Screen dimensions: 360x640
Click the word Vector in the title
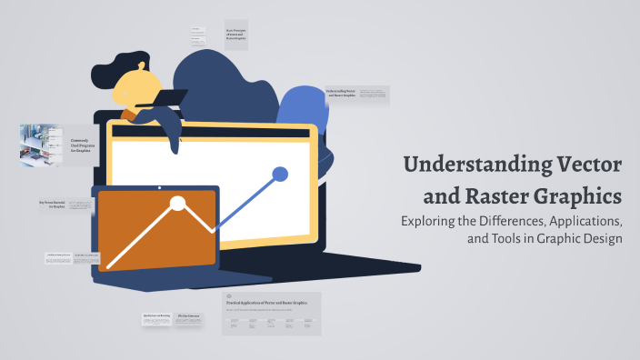click(x=580, y=166)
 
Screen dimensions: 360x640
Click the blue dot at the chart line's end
click(x=280, y=173)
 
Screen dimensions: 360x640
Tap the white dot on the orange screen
click(x=178, y=204)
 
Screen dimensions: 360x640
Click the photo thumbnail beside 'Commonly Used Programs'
click(x=40, y=145)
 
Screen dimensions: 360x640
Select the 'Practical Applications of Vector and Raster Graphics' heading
click(x=269, y=302)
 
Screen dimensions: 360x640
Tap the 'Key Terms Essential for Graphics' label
click(x=52, y=205)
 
